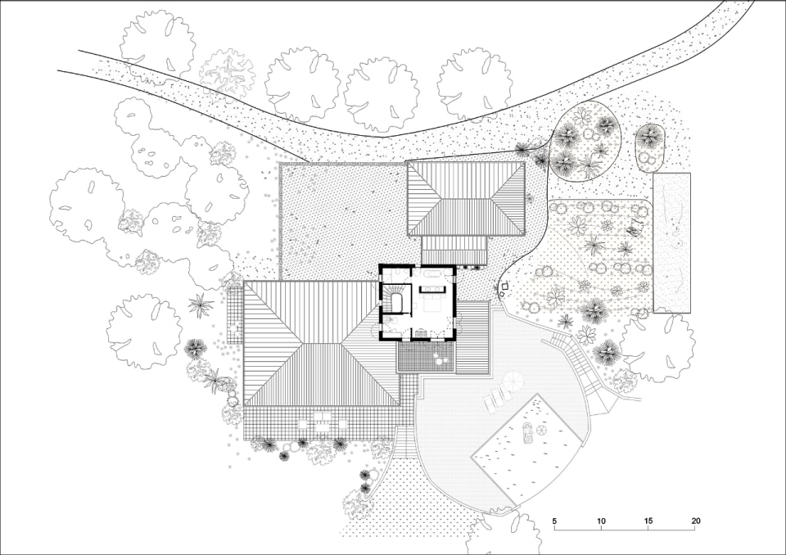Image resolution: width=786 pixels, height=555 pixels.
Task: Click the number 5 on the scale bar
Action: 554,521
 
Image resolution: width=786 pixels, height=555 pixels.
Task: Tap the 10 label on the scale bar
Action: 602,521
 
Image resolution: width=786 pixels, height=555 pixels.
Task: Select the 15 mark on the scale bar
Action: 648,521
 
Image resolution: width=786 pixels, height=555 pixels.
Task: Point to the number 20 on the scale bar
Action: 695,521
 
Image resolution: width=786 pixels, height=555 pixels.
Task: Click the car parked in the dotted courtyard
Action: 527,433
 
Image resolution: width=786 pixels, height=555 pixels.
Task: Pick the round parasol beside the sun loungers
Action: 513,380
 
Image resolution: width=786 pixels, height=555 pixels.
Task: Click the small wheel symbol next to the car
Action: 542,430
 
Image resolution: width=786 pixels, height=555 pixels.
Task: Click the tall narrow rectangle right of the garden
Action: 671,242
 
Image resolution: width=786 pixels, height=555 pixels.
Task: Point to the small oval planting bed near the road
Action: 650,146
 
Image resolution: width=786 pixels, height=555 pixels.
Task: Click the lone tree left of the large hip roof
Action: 144,331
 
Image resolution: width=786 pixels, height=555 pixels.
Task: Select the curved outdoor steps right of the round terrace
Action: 576,360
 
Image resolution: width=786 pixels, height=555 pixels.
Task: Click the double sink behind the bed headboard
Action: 432,289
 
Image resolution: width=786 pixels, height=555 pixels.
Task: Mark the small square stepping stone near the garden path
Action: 505,286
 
